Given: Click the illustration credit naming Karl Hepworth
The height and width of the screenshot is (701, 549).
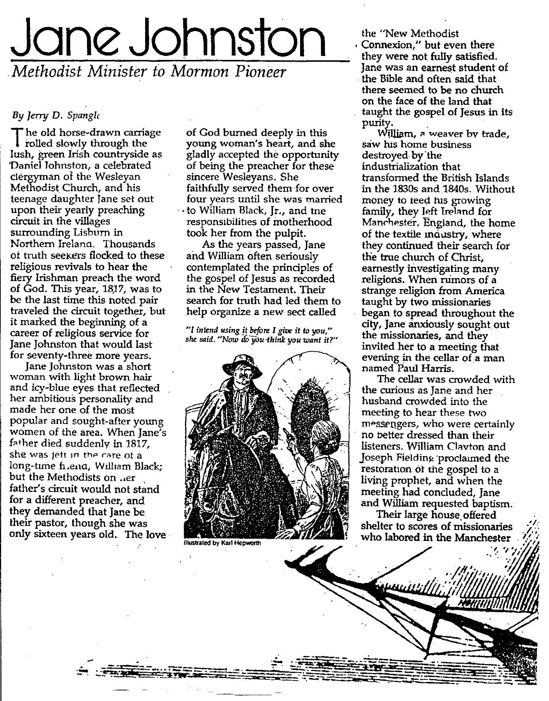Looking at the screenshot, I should click(x=222, y=543).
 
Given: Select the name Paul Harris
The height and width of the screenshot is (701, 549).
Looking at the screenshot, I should click(x=427, y=368).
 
